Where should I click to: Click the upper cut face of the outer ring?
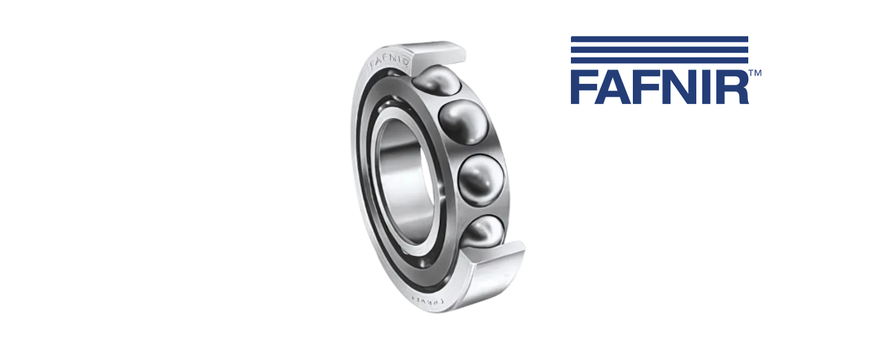442,52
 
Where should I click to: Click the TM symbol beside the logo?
755,73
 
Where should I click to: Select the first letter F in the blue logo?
583,88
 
